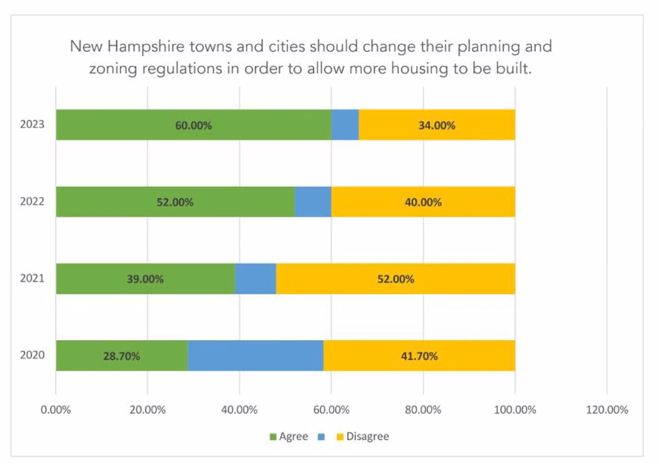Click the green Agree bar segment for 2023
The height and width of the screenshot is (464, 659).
132,125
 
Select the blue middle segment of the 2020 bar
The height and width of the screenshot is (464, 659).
255,356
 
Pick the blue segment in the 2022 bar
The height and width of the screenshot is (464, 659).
313,201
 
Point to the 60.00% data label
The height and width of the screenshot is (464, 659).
194,125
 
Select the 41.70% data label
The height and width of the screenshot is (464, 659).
419,356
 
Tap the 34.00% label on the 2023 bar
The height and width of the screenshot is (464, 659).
436,125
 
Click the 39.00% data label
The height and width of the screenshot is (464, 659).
145,278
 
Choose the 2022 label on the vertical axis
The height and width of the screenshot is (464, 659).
32,201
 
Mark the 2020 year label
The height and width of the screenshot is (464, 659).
32,355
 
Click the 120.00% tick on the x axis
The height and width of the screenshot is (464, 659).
606,409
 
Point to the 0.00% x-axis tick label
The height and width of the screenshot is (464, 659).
56,409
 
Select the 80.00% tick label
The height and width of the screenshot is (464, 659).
423,409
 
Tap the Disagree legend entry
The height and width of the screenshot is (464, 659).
367,436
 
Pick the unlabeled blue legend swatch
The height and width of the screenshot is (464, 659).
321,436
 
